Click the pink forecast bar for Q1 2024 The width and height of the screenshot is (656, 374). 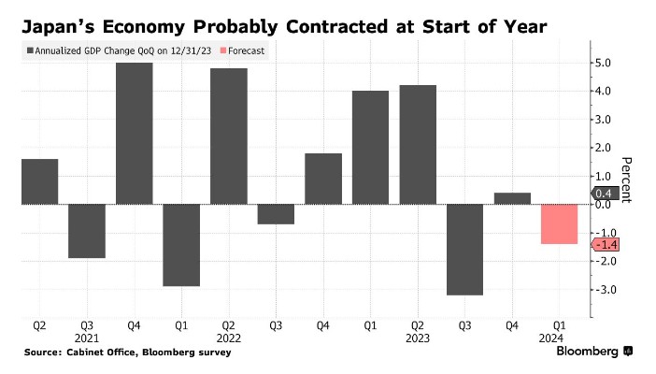tap(559, 223)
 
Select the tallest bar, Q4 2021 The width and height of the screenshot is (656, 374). tap(134, 133)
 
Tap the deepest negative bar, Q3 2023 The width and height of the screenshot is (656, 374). tap(464, 249)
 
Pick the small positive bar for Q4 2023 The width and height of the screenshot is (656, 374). tap(511, 198)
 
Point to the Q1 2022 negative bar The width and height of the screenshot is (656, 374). tap(181, 244)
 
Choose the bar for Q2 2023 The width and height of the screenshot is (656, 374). tap(417, 144)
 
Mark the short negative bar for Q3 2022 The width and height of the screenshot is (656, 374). tap(276, 214)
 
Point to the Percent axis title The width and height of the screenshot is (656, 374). tap(627, 179)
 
